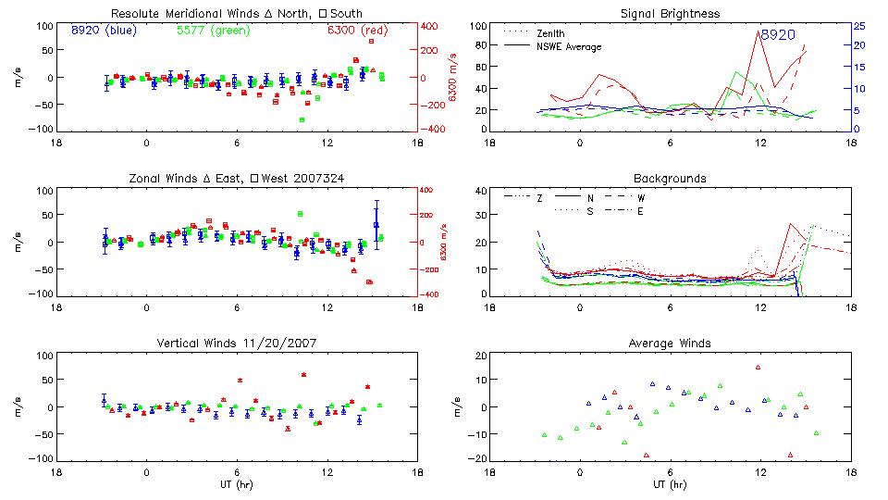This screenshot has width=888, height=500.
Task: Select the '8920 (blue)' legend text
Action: pyautogui.click(x=104, y=30)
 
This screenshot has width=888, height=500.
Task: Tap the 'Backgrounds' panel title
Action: pyautogui.click(x=670, y=179)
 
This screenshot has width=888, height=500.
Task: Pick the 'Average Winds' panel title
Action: pyautogui.click(x=670, y=344)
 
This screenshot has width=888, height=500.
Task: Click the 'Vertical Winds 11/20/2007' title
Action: pyautogui.click(x=236, y=344)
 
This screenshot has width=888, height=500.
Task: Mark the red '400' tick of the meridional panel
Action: pyautogui.click(x=431, y=26)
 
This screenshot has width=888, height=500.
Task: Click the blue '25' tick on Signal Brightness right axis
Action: pyautogui.click(x=858, y=26)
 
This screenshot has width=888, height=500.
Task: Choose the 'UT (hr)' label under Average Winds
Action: pyautogui.click(x=670, y=484)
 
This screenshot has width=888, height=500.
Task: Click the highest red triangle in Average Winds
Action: pyautogui.click(x=758, y=368)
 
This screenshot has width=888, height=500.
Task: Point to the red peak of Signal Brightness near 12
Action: pyautogui.click(x=759, y=31)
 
